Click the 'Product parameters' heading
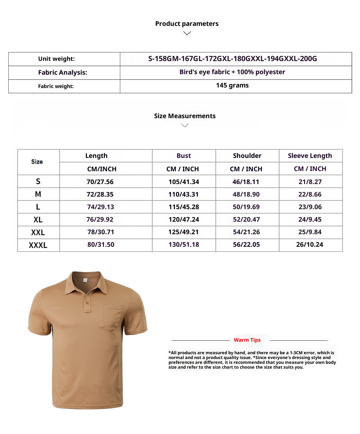point(187,24)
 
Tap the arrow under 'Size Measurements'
point(185,125)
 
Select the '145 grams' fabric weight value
point(232,85)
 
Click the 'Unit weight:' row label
point(56,59)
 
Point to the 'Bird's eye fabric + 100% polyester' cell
point(232,72)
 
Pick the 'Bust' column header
point(184,156)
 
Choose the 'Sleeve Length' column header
point(310,156)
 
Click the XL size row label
point(38,220)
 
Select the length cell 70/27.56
point(100,182)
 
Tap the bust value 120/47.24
point(184,220)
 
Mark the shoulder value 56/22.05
point(246,245)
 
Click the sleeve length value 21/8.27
point(310,182)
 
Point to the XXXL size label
point(38,245)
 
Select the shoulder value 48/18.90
point(246,194)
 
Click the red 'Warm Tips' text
point(247,340)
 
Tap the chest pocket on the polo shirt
point(110,317)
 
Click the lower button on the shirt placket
point(87,302)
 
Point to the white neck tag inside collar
point(85,280)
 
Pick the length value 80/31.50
point(101,245)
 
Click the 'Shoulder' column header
point(247,156)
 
